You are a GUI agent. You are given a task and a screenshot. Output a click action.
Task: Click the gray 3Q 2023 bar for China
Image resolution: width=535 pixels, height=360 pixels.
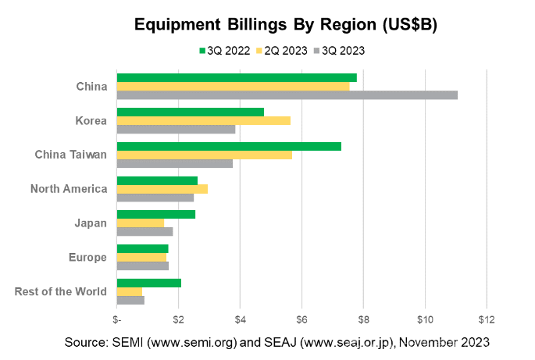click(x=287, y=95)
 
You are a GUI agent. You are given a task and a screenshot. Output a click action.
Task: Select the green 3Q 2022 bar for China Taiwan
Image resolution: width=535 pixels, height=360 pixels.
click(x=229, y=146)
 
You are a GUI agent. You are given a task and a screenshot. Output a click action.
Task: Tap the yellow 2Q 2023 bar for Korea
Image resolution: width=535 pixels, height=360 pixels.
click(x=203, y=120)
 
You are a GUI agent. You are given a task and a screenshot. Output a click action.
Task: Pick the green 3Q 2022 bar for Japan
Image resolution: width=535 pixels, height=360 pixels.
click(x=155, y=214)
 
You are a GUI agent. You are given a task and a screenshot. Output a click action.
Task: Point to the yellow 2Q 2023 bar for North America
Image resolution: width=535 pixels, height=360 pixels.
click(x=162, y=188)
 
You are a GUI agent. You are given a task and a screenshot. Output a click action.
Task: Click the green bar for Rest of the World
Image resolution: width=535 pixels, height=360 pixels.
click(x=148, y=283)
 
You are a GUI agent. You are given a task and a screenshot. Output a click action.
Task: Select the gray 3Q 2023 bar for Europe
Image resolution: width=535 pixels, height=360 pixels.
click(x=142, y=266)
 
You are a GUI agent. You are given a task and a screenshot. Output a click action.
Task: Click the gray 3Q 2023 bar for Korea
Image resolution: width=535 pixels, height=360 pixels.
click(x=176, y=129)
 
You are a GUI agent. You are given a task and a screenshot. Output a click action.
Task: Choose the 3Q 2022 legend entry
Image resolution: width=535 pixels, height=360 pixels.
click(x=225, y=51)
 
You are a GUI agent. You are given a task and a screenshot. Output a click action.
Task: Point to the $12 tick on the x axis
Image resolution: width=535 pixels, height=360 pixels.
click(x=487, y=319)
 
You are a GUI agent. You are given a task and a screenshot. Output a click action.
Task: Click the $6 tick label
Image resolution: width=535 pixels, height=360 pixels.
click(x=301, y=319)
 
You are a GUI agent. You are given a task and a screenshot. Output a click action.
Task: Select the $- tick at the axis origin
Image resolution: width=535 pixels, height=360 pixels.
click(x=116, y=319)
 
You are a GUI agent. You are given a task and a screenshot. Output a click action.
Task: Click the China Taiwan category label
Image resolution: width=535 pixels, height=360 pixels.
click(x=71, y=155)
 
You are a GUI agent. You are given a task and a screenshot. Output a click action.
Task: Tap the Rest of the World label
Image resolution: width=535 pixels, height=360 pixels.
click(x=61, y=292)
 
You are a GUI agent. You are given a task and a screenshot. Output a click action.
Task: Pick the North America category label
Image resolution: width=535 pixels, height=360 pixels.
click(x=69, y=189)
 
